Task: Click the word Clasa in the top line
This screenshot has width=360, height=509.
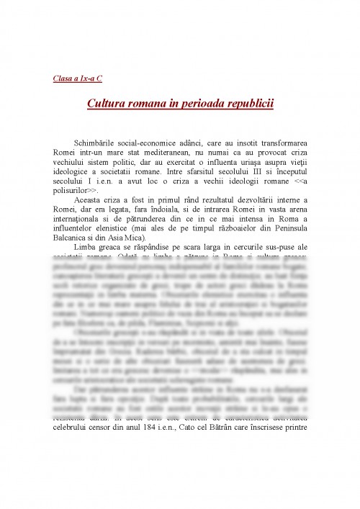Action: (63, 78)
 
